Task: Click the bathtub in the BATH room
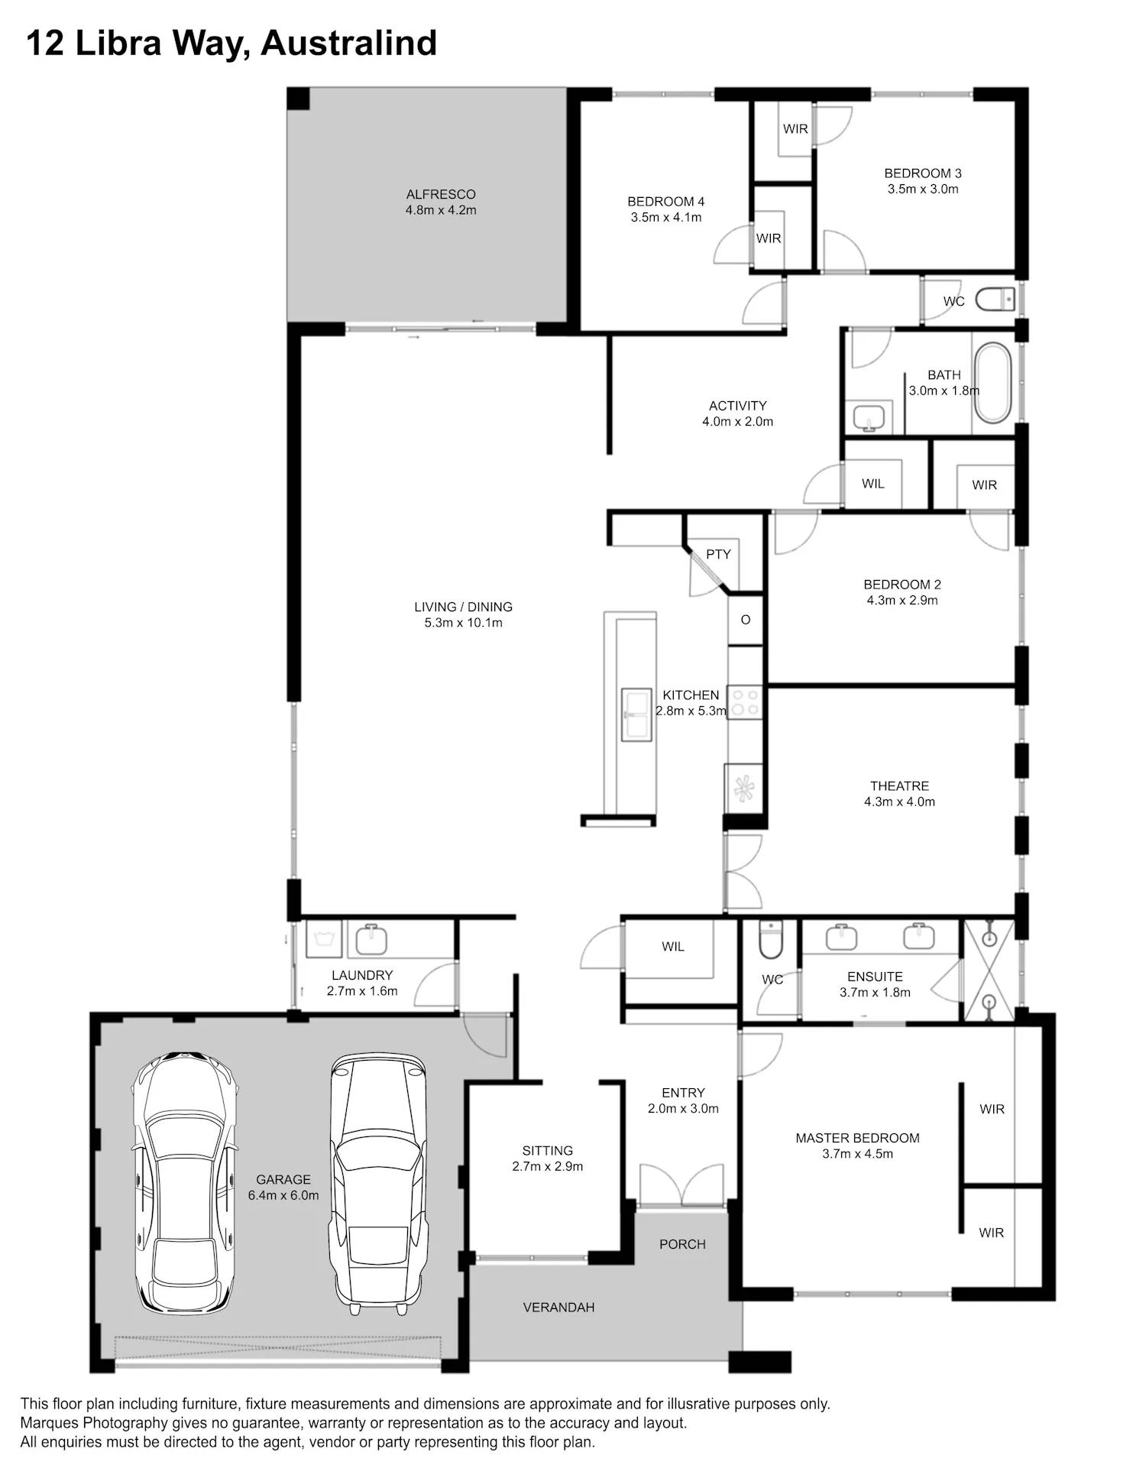click(x=992, y=383)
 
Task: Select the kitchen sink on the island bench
click(x=636, y=715)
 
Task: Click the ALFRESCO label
click(x=441, y=195)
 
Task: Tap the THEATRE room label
click(x=899, y=786)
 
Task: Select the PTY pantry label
click(x=718, y=554)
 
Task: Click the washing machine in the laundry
click(x=324, y=938)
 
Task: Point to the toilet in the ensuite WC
click(x=770, y=939)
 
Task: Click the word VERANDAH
click(x=558, y=1308)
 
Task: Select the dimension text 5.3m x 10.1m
click(x=464, y=623)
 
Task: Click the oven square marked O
click(x=746, y=620)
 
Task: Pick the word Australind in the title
click(x=349, y=43)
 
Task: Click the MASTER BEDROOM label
click(x=857, y=1138)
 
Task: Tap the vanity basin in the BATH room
click(x=869, y=417)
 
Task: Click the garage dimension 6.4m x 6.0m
click(x=283, y=1195)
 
